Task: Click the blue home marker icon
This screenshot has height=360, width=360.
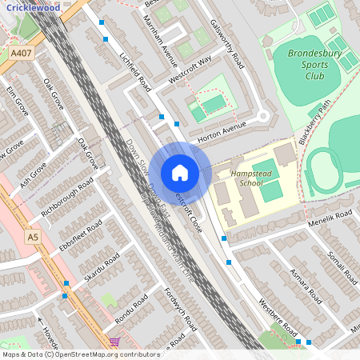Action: coord(180,173)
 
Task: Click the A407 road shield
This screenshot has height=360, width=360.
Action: coord(22,54)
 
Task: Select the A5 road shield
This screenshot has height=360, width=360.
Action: coord(32,237)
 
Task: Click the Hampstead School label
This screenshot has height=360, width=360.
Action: coord(251,178)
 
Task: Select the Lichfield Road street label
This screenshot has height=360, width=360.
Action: coord(135,73)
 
